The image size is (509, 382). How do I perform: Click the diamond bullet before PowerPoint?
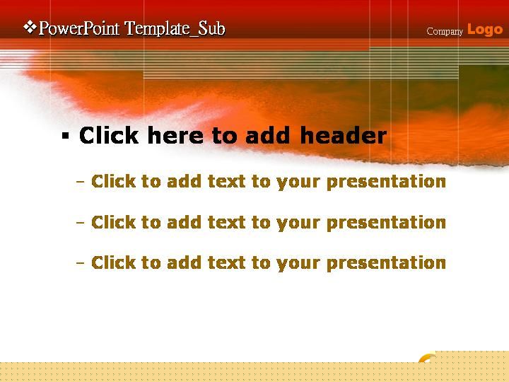click(30, 28)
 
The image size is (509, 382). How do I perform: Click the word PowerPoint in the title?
click(79, 28)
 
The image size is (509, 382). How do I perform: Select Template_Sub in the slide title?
click(175, 28)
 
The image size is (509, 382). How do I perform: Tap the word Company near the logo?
click(445, 32)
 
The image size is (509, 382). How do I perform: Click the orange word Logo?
click(485, 30)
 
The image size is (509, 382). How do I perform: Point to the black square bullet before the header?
click(65, 136)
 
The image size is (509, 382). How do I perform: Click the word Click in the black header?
click(109, 135)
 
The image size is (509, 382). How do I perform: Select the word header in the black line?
click(344, 135)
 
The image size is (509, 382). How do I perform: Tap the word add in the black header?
click(267, 135)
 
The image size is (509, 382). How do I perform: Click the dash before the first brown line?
click(80, 182)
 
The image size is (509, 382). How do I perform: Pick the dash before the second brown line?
click(80, 223)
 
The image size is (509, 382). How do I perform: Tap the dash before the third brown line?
click(80, 263)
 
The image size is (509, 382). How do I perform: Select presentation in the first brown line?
click(386, 182)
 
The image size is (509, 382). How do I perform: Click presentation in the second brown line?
click(386, 223)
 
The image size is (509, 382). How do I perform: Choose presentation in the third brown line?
click(386, 263)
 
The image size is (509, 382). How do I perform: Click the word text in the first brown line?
click(227, 181)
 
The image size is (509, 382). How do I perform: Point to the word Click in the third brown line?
click(114, 262)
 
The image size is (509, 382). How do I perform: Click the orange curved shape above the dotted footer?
click(426, 357)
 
